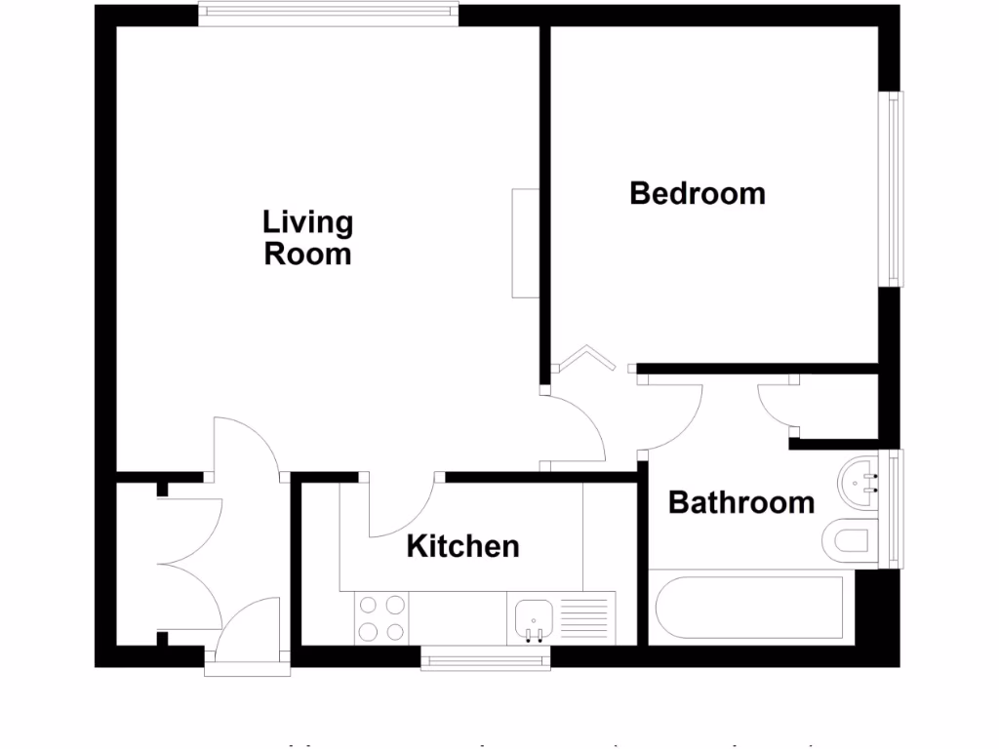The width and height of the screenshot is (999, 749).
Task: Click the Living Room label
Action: [x=307, y=238]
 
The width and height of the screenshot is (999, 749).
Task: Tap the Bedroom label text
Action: [x=698, y=193]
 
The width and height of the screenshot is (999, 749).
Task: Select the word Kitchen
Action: [x=462, y=546]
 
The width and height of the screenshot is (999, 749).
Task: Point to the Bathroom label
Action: [x=741, y=503]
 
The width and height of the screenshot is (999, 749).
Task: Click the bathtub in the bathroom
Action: [x=751, y=608]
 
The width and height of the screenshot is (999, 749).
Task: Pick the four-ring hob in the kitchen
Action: [x=381, y=617]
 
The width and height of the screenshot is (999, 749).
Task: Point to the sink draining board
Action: [x=585, y=617]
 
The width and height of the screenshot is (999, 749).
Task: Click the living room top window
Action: [x=327, y=13]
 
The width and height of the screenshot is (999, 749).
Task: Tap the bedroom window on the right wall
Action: [x=893, y=189]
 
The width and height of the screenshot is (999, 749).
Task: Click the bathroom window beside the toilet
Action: [x=892, y=508]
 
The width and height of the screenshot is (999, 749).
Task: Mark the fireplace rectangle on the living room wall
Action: [x=525, y=243]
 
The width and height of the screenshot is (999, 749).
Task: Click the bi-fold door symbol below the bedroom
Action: [x=585, y=360]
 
